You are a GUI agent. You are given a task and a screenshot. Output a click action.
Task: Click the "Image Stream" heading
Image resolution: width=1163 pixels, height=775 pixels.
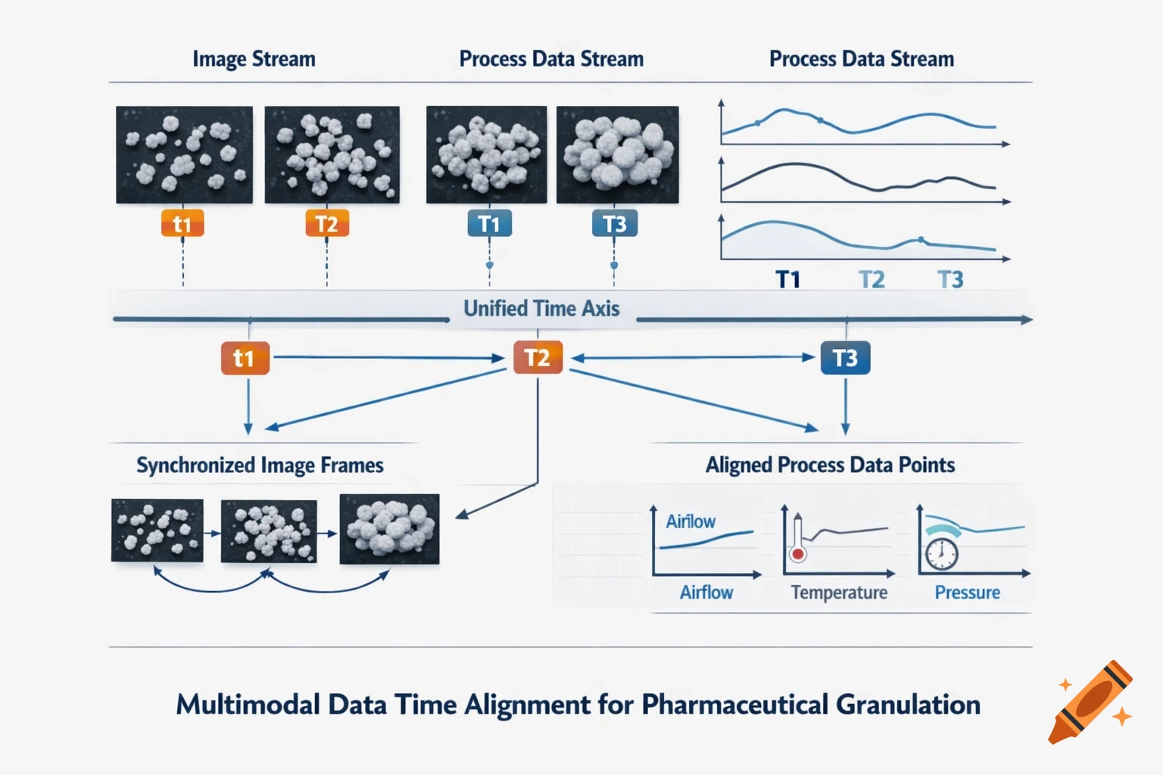254,59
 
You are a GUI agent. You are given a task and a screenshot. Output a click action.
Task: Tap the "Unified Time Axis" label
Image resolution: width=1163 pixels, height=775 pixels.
541,309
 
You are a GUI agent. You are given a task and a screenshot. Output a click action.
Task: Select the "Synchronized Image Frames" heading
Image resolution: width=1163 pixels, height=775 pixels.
260,465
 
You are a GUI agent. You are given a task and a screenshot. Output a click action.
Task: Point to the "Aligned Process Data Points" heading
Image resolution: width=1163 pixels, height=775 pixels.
830,465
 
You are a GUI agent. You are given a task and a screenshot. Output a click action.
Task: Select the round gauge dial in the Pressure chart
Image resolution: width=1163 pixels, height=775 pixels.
941,553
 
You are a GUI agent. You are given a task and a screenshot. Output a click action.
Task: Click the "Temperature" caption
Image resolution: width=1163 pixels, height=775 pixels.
839,593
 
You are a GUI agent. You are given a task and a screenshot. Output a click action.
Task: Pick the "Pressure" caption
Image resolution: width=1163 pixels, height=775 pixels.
967,593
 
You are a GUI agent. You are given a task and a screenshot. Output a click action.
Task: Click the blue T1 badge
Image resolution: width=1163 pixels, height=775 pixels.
489,224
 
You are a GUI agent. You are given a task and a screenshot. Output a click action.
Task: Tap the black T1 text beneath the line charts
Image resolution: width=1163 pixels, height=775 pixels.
788,280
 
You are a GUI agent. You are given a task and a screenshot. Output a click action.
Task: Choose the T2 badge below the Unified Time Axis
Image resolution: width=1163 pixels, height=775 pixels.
538,358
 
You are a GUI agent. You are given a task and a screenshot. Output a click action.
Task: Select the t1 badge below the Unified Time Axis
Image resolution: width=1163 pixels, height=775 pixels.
245,358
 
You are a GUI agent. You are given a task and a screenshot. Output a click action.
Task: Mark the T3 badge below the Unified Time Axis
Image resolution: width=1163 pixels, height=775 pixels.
845,358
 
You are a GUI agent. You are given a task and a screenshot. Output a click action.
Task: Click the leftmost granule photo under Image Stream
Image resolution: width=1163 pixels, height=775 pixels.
184,154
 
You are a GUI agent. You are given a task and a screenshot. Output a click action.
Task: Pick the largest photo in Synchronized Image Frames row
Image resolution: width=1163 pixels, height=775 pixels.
389,529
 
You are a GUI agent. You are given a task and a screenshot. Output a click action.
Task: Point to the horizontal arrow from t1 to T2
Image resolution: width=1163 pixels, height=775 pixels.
386,357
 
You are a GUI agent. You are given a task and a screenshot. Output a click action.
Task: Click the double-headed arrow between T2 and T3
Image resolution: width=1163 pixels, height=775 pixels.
692,358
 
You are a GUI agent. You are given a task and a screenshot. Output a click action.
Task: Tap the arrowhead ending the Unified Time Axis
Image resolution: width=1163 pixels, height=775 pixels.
1026,320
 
